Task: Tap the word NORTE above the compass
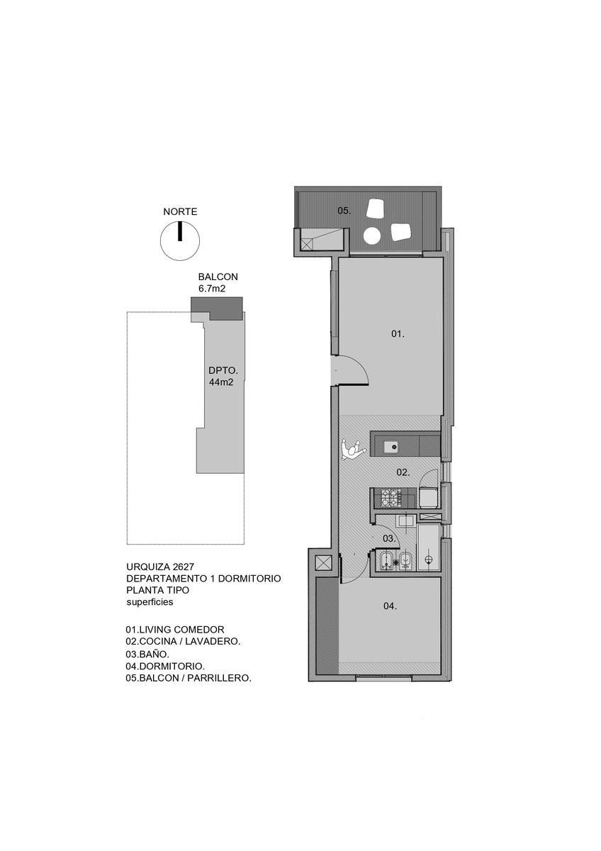[180, 211]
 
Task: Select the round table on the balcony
[371, 236]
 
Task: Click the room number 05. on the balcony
[344, 211]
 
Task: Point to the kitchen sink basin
[391, 447]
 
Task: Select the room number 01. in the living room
[398, 334]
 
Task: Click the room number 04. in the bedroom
[390, 606]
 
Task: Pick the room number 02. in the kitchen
[403, 472]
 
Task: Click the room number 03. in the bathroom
[389, 538]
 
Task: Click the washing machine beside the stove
[429, 497]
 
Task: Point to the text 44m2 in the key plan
[221, 382]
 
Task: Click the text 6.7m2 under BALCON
[212, 289]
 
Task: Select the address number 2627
[183, 567]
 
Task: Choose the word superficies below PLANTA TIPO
[150, 602]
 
